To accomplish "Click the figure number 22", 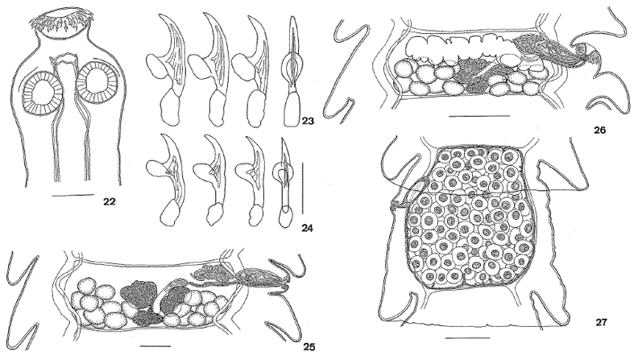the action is coord(109,201).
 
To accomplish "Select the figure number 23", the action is coord(307,121).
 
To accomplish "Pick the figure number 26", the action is coord(600,130).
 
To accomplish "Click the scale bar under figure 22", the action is coord(73,196).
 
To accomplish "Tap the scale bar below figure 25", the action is coord(155,346).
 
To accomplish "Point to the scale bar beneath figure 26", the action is coord(479,115).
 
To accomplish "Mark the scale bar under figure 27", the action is coord(468,337).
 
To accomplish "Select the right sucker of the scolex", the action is coord(97,84).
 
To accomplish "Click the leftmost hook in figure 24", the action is coord(165,180).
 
